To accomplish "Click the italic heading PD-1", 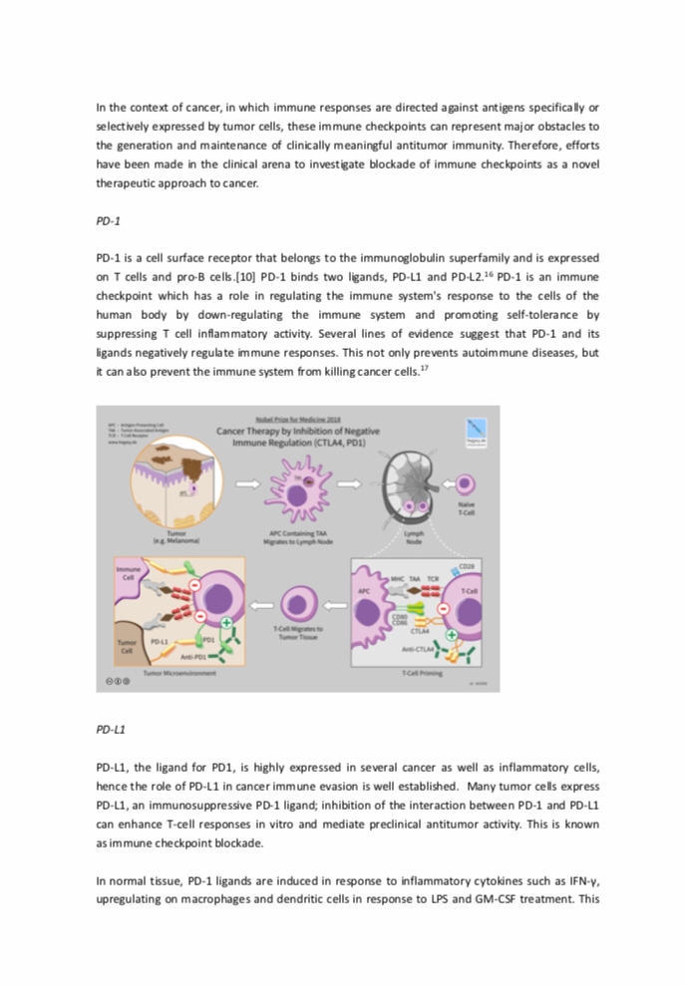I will click(108, 220).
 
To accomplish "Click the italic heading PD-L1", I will click(111, 730).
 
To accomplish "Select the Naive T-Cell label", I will click(466, 509).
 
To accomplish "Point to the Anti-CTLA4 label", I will click(417, 649).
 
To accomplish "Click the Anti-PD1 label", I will click(195, 657).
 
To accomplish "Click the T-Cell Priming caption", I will click(423, 674).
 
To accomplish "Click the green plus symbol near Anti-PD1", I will click(227, 623).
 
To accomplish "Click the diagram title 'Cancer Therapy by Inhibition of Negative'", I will click(297, 432).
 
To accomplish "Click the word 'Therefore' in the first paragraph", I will click(525, 145).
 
